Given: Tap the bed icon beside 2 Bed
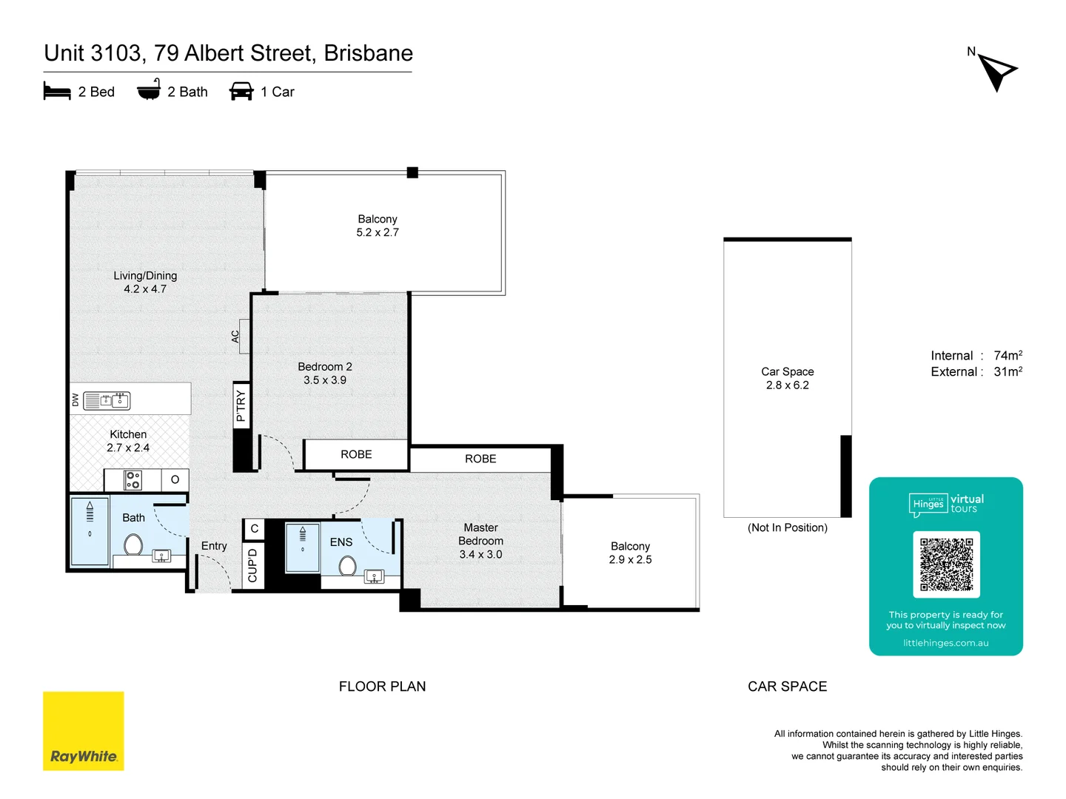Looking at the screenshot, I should (57, 92).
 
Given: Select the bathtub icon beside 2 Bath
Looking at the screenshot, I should (149, 90).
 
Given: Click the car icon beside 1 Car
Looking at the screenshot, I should (241, 92).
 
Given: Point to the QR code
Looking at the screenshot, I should (946, 564).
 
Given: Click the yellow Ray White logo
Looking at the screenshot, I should (84, 731).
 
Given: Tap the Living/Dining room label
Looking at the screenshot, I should (145, 275).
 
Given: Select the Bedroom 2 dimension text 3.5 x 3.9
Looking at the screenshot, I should (324, 380).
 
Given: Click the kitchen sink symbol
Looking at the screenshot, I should (115, 401).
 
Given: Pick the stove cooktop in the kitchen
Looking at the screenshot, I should (133, 480).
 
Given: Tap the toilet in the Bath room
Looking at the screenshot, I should (133, 545).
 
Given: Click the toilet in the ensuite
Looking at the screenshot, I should (347, 567).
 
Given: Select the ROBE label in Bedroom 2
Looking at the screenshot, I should (356, 454).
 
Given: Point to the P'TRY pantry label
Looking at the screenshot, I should (241, 406).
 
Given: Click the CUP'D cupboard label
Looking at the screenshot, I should (252, 565).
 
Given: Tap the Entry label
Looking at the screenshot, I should (214, 546).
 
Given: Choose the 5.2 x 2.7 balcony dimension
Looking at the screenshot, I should (378, 232).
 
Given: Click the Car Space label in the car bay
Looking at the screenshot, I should (787, 371).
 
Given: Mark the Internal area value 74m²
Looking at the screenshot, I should (1008, 356).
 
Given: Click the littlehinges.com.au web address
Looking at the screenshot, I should (945, 643).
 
